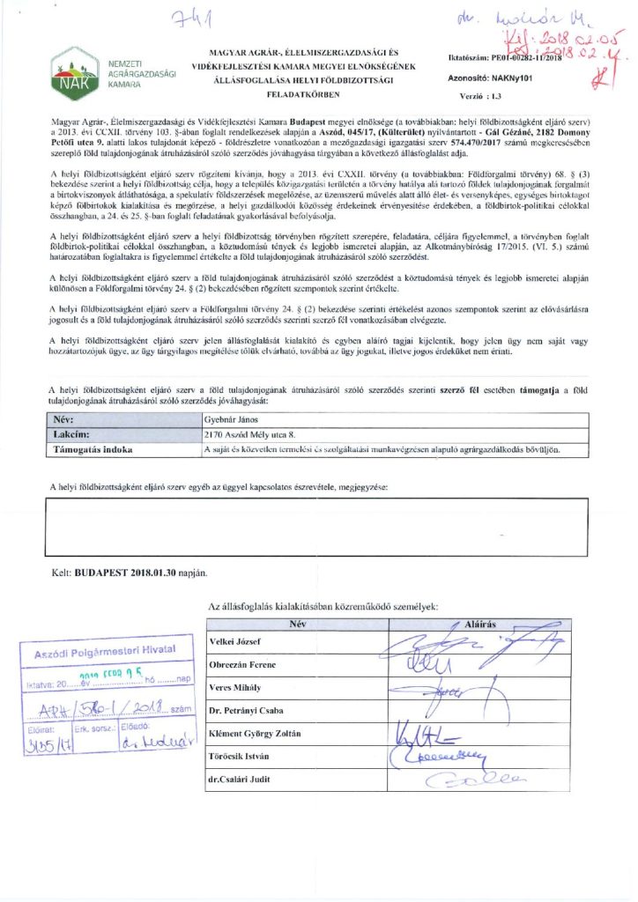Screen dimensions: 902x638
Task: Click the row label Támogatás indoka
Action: [x=93, y=449]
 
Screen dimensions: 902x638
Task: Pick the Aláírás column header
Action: [x=480, y=623]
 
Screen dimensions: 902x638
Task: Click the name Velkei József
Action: [x=235, y=640]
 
